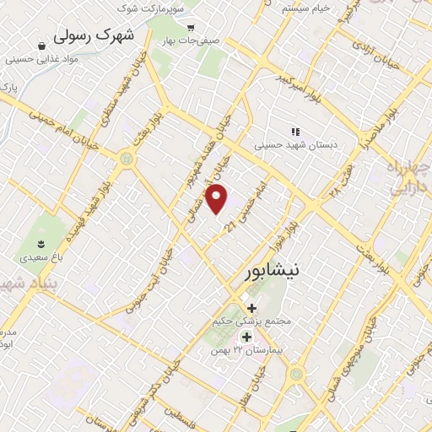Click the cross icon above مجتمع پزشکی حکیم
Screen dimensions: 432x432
[251, 307]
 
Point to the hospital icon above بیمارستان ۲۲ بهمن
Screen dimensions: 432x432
[246, 337]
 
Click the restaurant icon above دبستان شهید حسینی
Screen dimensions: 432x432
[294, 132]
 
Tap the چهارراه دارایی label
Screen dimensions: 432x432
[408, 178]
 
